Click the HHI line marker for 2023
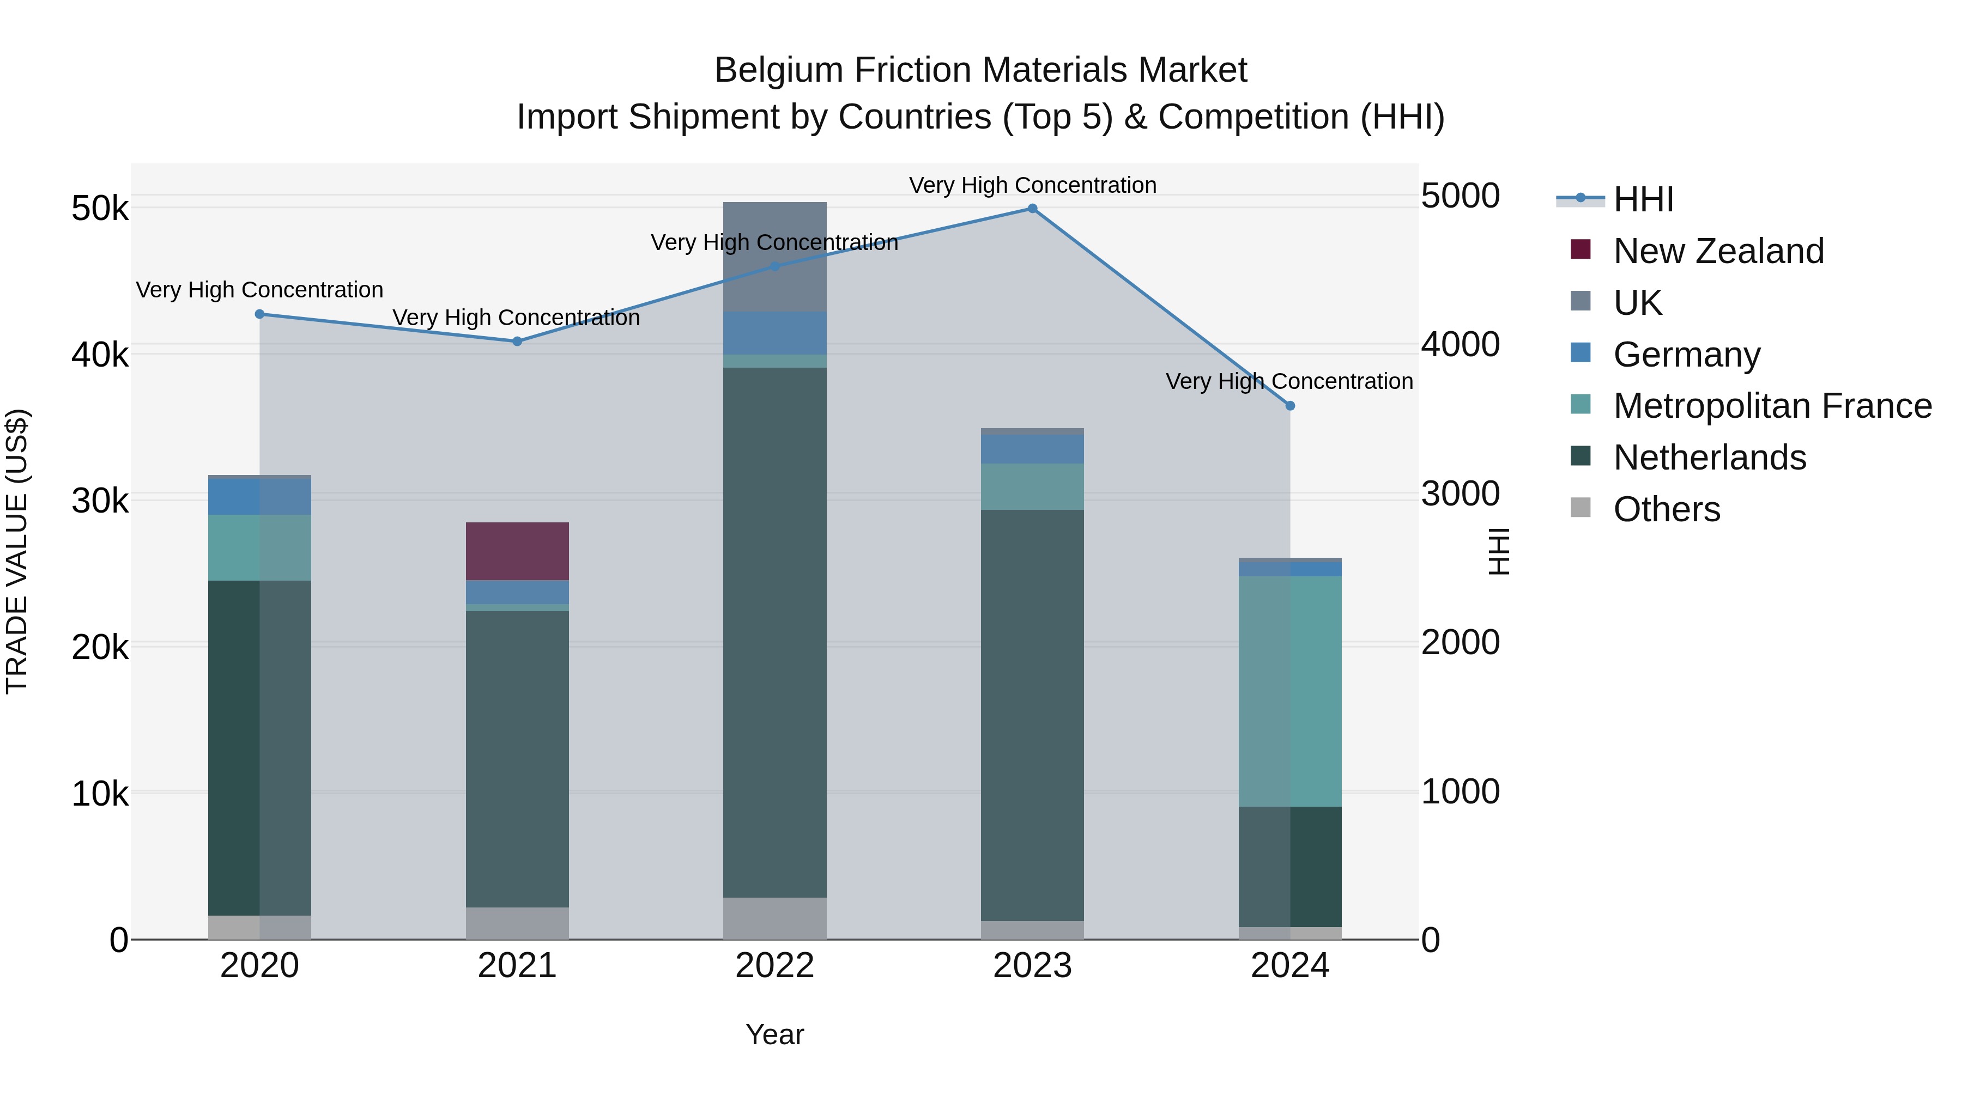pos(1032,209)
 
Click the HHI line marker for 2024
pos(1289,406)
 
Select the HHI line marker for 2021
pos(517,341)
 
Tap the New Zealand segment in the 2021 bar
pos(517,551)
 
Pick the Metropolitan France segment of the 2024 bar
pos(1289,691)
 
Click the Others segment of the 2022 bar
pos(774,917)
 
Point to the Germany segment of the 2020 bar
pos(259,496)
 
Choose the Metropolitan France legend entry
pos(1772,406)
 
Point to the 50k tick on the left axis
pos(100,209)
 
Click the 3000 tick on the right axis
pos(1460,493)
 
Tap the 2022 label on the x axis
pos(774,966)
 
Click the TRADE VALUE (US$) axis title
pos(17,551)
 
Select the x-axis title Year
pos(774,1034)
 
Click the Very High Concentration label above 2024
pos(1289,381)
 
